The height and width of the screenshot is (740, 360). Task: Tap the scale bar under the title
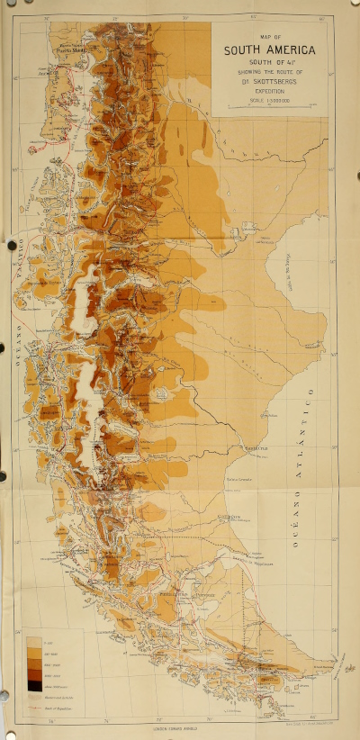point(270,107)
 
